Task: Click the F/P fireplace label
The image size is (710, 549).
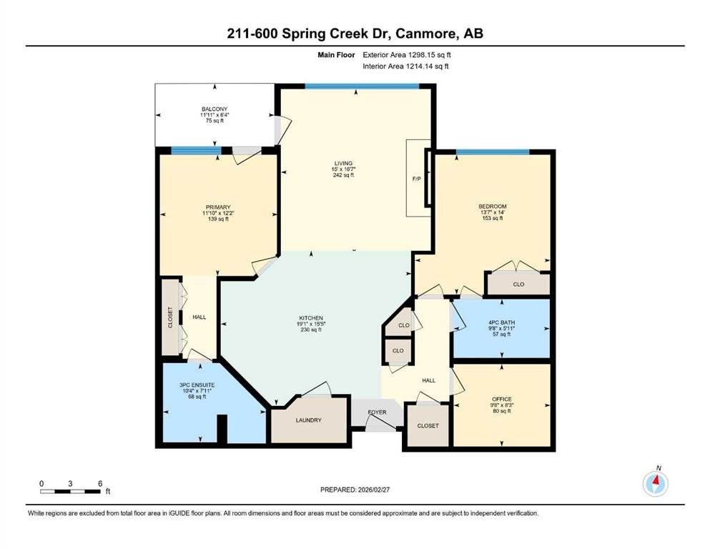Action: (416, 179)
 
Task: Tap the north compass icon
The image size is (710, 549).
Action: (655, 483)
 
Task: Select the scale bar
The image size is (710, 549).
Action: (70, 491)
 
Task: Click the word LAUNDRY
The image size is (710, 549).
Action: (309, 420)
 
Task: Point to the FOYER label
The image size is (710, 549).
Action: (378, 412)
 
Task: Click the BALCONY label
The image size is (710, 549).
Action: (215, 109)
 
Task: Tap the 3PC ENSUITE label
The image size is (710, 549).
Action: (197, 385)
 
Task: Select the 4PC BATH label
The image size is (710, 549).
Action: (502, 322)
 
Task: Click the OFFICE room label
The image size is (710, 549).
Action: (502, 399)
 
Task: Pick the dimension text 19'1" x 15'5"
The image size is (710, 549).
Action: (311, 324)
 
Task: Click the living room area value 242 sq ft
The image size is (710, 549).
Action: (343, 175)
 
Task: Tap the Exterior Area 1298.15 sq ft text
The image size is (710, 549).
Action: (407, 55)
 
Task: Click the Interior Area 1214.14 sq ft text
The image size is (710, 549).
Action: (405, 66)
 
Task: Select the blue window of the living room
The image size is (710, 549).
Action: (363, 86)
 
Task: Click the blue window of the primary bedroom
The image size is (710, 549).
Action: (196, 151)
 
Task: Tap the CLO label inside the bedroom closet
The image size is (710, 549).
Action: (518, 285)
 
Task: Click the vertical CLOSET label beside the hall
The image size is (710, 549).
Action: (170, 317)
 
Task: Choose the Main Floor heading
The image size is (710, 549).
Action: (336, 55)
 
